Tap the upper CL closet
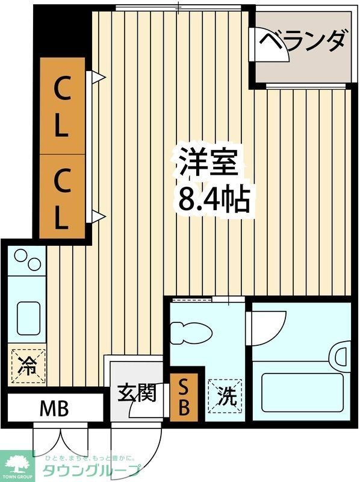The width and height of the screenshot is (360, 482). tap(62, 105)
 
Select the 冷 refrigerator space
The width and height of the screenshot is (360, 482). tap(27, 365)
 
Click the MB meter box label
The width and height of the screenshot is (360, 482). tap(54, 409)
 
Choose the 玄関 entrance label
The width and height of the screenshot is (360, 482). tap(137, 393)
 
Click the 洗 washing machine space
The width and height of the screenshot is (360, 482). tap(225, 395)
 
